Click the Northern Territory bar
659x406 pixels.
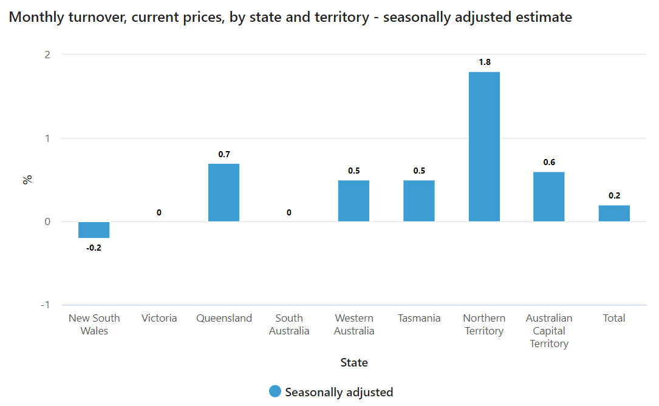pos(484,147)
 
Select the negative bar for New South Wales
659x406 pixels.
pos(94,230)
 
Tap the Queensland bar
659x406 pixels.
pos(224,192)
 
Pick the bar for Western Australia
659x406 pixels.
pos(353,201)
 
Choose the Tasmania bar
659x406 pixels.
pos(419,201)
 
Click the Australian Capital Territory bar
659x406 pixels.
pos(548,197)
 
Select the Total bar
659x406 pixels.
pos(614,214)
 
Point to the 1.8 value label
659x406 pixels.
pos(484,62)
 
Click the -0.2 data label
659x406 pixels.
pos(94,248)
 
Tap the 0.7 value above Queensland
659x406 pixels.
pos(224,154)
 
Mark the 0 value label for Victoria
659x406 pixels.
pos(159,212)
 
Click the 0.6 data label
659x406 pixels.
pos(548,162)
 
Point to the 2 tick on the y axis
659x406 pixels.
pos(47,55)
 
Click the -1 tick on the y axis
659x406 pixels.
pos(45,305)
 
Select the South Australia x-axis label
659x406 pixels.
pos(289,324)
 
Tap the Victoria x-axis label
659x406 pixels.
pos(159,318)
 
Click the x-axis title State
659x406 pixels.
pos(354,363)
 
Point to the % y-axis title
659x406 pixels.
pos(27,180)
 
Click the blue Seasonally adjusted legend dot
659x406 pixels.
pos(275,392)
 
